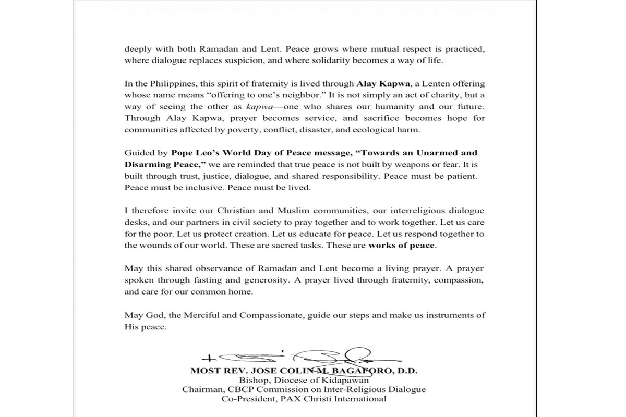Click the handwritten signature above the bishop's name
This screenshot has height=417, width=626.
pyautogui.click(x=303, y=358)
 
